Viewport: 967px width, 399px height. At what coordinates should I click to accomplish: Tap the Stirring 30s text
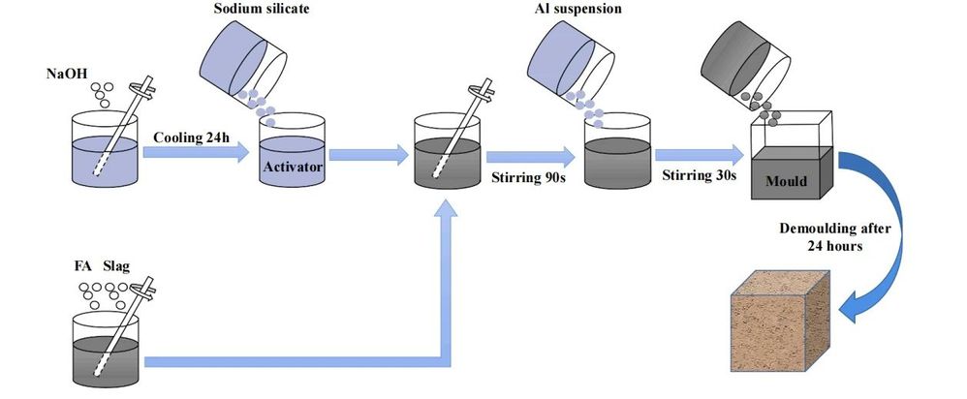699,175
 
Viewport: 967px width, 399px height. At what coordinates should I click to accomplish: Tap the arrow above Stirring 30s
700,152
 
